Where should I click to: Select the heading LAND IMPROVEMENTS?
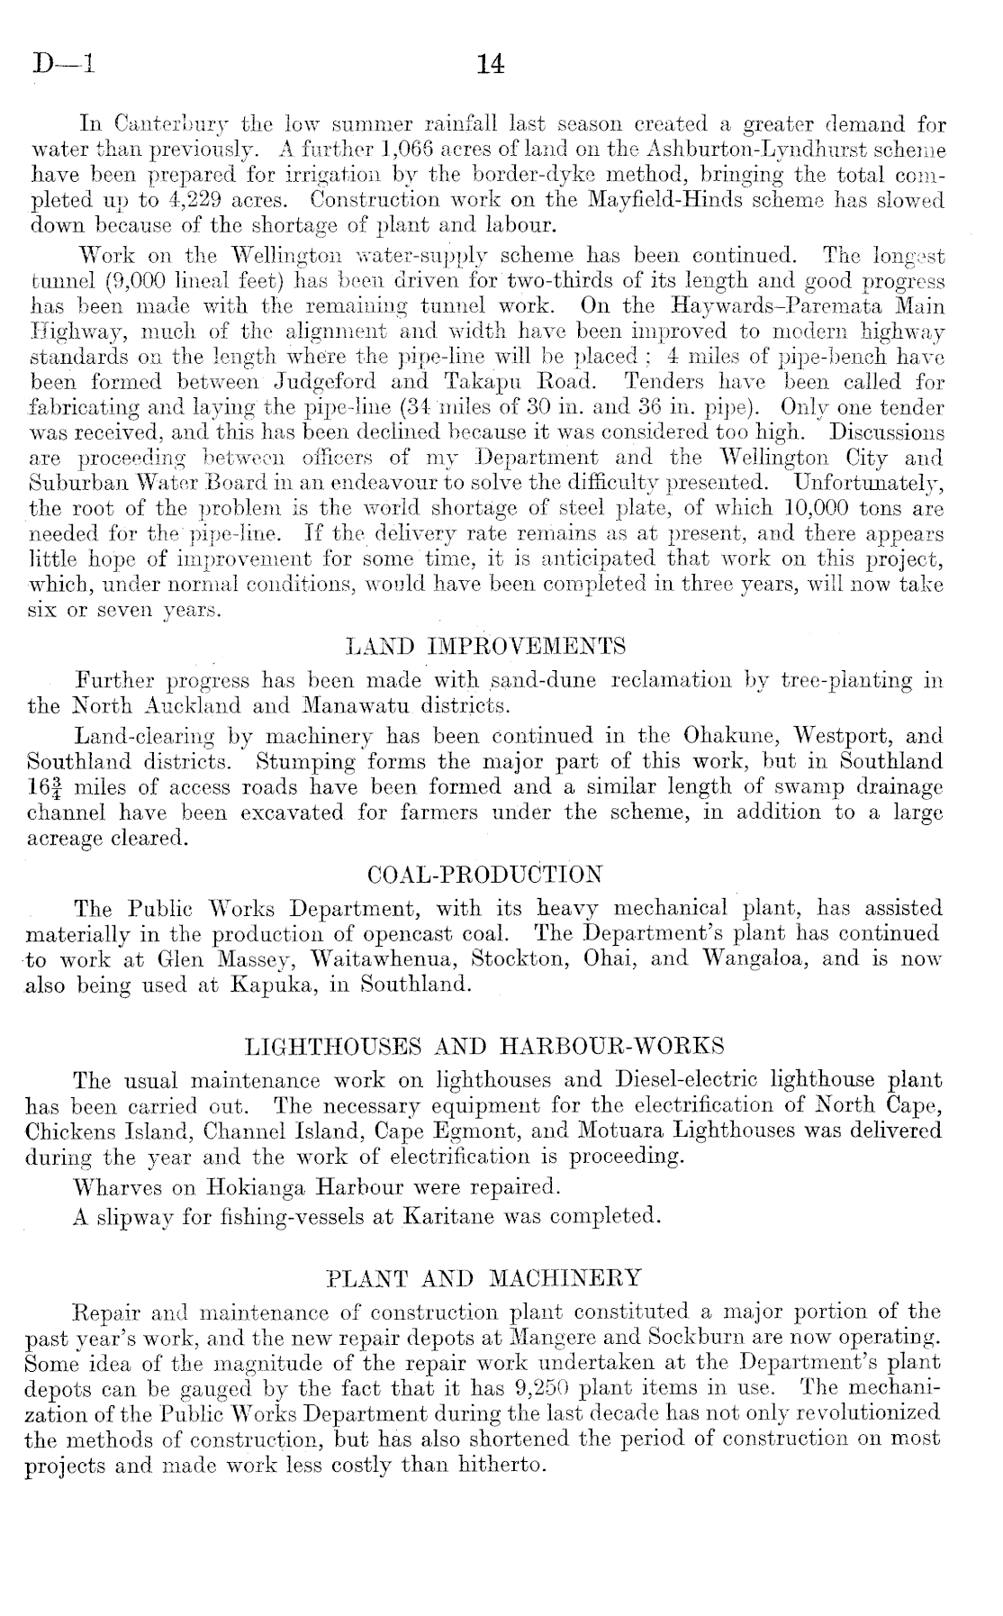click(485, 646)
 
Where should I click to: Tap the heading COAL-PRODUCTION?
click(485, 875)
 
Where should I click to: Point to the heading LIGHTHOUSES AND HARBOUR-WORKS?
click(484, 1047)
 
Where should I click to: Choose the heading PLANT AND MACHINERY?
click(484, 1277)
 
